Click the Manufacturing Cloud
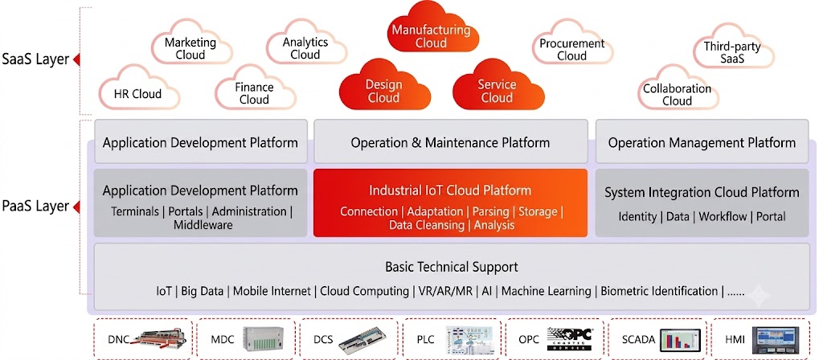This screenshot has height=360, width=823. click(431, 29)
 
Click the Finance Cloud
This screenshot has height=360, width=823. click(255, 89)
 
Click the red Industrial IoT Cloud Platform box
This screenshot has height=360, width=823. click(450, 202)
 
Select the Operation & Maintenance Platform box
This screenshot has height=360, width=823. click(450, 141)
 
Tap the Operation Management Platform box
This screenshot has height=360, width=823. click(702, 141)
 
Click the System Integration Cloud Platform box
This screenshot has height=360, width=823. click(702, 202)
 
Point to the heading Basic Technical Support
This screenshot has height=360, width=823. click(452, 267)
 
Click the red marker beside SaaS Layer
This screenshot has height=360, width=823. click(76, 59)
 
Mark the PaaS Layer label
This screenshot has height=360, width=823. click(35, 207)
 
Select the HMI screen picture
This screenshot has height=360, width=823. click(776, 340)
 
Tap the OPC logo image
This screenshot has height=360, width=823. click(569, 340)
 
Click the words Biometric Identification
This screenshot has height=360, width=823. click(659, 291)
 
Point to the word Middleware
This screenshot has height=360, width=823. click(203, 226)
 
